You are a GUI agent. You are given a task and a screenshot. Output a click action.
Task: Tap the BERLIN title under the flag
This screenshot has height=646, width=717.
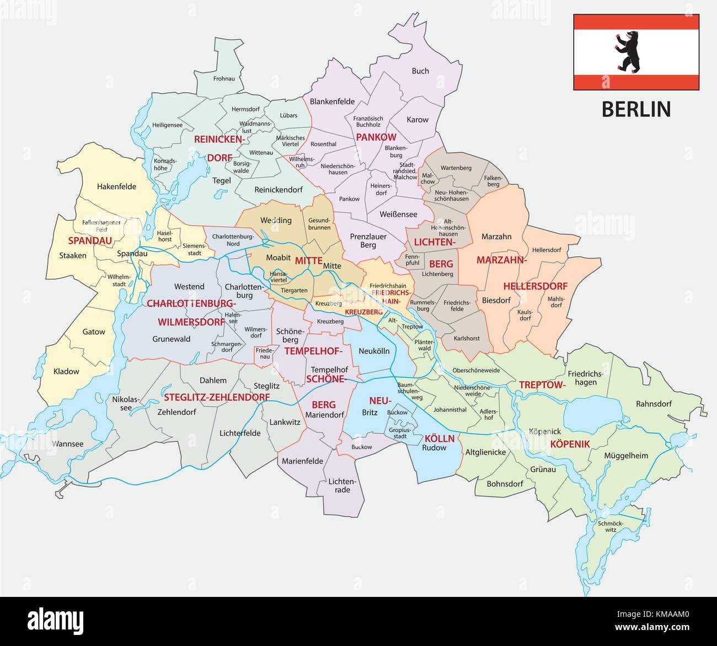click(x=636, y=109)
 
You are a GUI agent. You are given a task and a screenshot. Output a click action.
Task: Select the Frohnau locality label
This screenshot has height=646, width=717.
click(x=224, y=79)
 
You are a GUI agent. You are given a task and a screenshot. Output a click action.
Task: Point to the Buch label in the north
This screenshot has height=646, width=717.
click(x=420, y=71)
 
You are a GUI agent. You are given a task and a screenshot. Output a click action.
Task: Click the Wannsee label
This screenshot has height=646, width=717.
click(x=68, y=444)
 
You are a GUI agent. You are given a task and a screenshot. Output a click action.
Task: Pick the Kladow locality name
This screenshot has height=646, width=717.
click(x=66, y=371)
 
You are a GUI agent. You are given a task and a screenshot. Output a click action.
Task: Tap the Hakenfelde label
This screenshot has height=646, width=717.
click(x=116, y=186)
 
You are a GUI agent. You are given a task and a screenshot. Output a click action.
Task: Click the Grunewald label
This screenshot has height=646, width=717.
click(x=172, y=339)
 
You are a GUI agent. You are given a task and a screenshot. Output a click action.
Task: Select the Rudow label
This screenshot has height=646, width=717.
click(x=434, y=447)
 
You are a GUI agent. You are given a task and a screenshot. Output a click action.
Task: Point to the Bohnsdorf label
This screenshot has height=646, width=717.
click(x=505, y=484)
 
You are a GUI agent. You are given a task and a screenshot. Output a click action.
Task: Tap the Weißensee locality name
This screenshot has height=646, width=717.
click(x=398, y=214)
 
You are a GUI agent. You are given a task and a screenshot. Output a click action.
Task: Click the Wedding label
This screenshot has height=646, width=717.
click(x=276, y=220)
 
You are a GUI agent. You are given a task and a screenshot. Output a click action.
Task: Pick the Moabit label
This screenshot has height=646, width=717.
click(x=278, y=257)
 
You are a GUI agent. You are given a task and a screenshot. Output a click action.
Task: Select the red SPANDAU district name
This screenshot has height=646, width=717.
click(x=90, y=241)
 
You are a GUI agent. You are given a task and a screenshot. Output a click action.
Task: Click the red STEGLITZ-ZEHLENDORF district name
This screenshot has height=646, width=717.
click(x=217, y=397)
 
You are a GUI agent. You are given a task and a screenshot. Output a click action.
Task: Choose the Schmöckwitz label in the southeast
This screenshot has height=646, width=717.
click(x=611, y=526)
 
